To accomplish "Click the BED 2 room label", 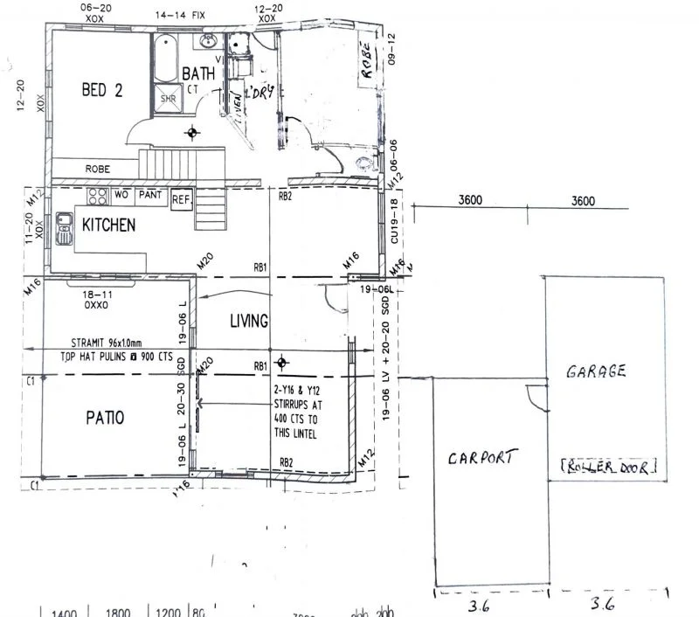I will click(101, 89).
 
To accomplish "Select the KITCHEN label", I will click(108, 225).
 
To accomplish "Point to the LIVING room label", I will click(248, 322).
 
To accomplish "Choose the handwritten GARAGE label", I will click(596, 371).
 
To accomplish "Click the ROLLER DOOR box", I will click(606, 467).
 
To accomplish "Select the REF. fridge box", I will click(181, 199).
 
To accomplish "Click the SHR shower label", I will click(168, 100).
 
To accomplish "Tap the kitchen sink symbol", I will click(65, 230).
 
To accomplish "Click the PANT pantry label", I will click(149, 194).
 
